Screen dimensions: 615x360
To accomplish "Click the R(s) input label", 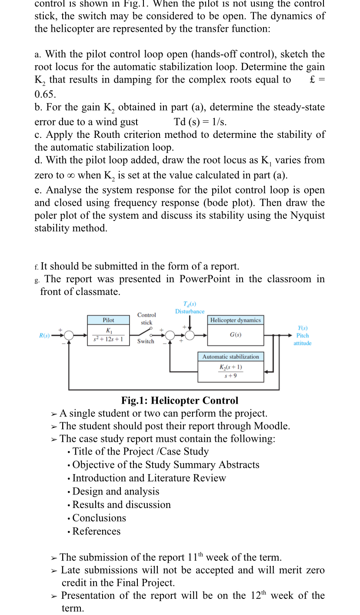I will click(44, 335).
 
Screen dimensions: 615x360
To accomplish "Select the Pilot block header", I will click(108, 320).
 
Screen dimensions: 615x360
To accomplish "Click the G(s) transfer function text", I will click(235, 335).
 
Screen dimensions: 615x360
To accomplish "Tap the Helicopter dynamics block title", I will click(235, 320).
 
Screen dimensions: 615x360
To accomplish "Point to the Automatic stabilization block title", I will click(230, 357).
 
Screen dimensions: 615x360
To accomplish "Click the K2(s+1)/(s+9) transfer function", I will click(230, 371).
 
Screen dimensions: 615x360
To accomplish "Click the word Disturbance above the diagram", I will click(190, 311).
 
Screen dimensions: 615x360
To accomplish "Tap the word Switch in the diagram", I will click(146, 341).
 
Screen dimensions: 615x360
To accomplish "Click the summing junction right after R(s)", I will click(69, 335).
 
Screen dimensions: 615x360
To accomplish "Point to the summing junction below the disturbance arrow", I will click(190, 335).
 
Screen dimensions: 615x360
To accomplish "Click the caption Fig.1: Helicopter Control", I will click(180, 401).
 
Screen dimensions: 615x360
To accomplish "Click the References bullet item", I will click(96, 531).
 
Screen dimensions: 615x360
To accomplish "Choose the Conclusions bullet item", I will click(99, 518).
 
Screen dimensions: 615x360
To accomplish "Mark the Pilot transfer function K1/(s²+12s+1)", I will click(108, 335).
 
